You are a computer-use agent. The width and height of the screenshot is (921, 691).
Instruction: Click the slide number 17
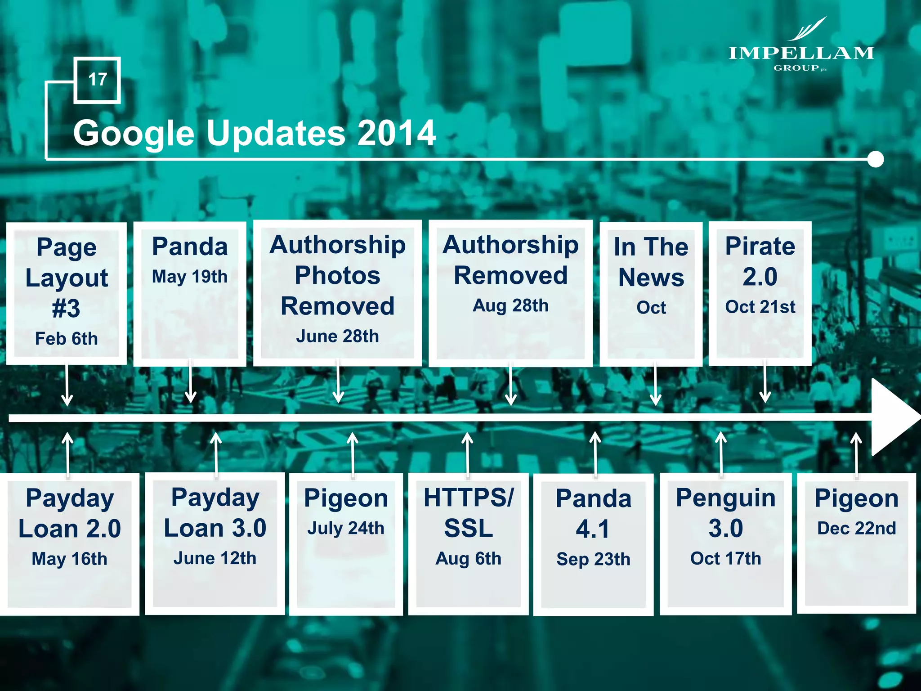[97, 80]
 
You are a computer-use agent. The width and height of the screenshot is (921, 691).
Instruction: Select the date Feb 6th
[67, 338]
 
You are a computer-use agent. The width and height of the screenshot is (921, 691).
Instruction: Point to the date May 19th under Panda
[190, 276]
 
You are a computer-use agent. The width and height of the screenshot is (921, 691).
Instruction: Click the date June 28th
[337, 336]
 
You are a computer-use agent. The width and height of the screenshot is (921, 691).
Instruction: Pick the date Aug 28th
[510, 305]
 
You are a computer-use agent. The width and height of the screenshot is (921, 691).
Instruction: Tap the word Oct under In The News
[651, 307]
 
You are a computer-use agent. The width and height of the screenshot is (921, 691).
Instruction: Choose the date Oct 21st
[760, 307]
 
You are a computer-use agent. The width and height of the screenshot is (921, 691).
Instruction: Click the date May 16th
[70, 559]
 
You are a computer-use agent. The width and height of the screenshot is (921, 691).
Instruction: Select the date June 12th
[215, 558]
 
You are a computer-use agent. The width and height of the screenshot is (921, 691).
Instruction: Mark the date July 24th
[346, 528]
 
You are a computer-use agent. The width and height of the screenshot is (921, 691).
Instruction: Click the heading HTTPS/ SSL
[468, 513]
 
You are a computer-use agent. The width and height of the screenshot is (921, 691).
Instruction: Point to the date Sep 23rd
[593, 559]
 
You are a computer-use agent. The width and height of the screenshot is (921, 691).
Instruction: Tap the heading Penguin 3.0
[725, 513]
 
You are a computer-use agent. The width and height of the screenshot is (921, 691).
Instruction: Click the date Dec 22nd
[856, 528]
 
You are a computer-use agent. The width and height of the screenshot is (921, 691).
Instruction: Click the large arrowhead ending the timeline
[893, 417]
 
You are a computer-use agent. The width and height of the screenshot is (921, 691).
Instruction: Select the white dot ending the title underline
[875, 159]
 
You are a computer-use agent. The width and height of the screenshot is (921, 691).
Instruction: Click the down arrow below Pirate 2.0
[765, 382]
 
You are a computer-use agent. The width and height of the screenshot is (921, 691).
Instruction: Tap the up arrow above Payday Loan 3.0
[216, 452]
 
